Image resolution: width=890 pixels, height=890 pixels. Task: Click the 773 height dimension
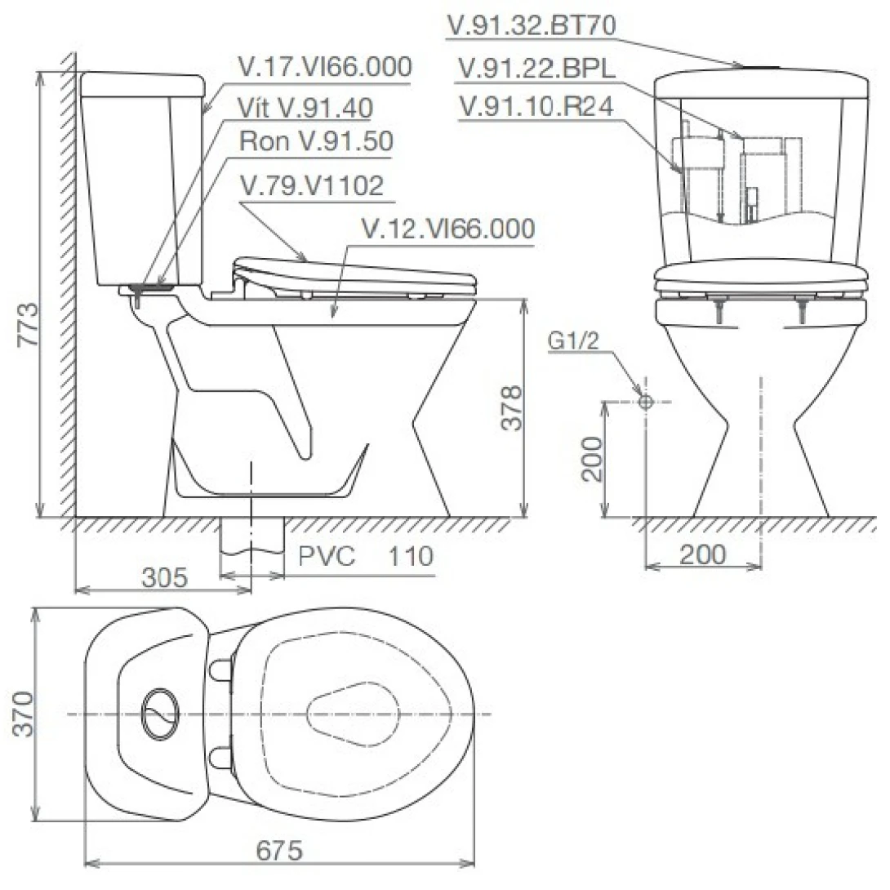(x=27, y=324)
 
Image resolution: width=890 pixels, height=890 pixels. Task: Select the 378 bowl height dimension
(x=511, y=407)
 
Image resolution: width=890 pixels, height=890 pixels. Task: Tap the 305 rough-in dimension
(x=165, y=577)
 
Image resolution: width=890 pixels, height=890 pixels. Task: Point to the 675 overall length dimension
(x=279, y=850)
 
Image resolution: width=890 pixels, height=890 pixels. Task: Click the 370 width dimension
(x=24, y=714)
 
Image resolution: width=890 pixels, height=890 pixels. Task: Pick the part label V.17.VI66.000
(x=325, y=66)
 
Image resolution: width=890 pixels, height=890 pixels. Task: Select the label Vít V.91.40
(x=305, y=108)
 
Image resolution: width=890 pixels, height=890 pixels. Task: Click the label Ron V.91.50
(x=316, y=140)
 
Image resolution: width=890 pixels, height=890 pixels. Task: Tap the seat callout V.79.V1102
(x=312, y=185)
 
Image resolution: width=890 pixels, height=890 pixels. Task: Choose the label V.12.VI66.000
(x=447, y=228)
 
